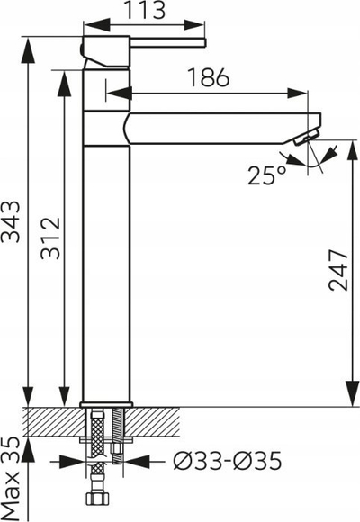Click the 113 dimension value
(145, 10)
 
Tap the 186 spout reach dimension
(209, 77)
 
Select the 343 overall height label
(11, 220)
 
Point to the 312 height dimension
(50, 238)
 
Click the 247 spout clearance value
(338, 270)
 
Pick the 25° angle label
(266, 175)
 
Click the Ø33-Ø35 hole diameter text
(228, 461)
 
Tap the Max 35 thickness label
(11, 479)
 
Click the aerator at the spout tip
(306, 137)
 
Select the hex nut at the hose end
(97, 499)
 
